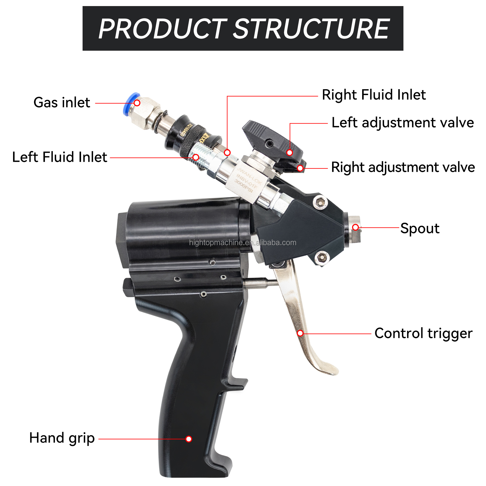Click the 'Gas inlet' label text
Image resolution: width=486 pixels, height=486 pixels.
(x=62, y=103)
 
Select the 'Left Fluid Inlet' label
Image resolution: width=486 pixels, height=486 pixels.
(x=59, y=157)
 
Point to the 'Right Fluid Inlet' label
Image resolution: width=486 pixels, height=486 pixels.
(x=374, y=95)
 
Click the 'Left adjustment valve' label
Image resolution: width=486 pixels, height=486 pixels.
(x=403, y=123)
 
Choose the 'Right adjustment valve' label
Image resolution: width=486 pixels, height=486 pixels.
(x=403, y=167)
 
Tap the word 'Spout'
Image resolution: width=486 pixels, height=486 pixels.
(x=420, y=228)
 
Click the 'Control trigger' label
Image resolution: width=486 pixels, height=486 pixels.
(x=423, y=333)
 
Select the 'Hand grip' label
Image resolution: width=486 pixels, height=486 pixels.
(x=62, y=438)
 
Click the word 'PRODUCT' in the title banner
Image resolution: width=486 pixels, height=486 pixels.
(x=162, y=29)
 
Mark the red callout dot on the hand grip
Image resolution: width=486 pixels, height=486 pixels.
(x=189, y=439)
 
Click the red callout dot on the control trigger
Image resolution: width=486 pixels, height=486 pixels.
(x=300, y=333)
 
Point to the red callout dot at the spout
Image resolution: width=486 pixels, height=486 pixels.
(x=355, y=227)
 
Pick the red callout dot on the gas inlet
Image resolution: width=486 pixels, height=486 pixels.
(x=137, y=103)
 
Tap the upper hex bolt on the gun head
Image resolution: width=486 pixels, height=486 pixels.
(x=320, y=202)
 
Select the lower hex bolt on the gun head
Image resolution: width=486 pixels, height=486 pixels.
(x=322, y=257)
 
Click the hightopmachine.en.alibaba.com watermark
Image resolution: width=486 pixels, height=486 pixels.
(x=243, y=243)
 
